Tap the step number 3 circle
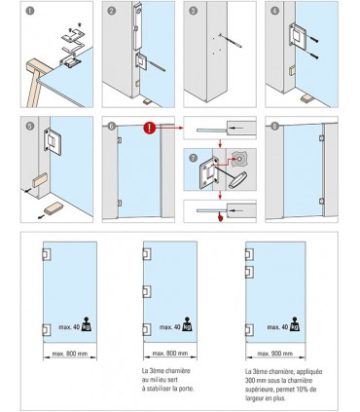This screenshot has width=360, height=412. pos(193,12)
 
